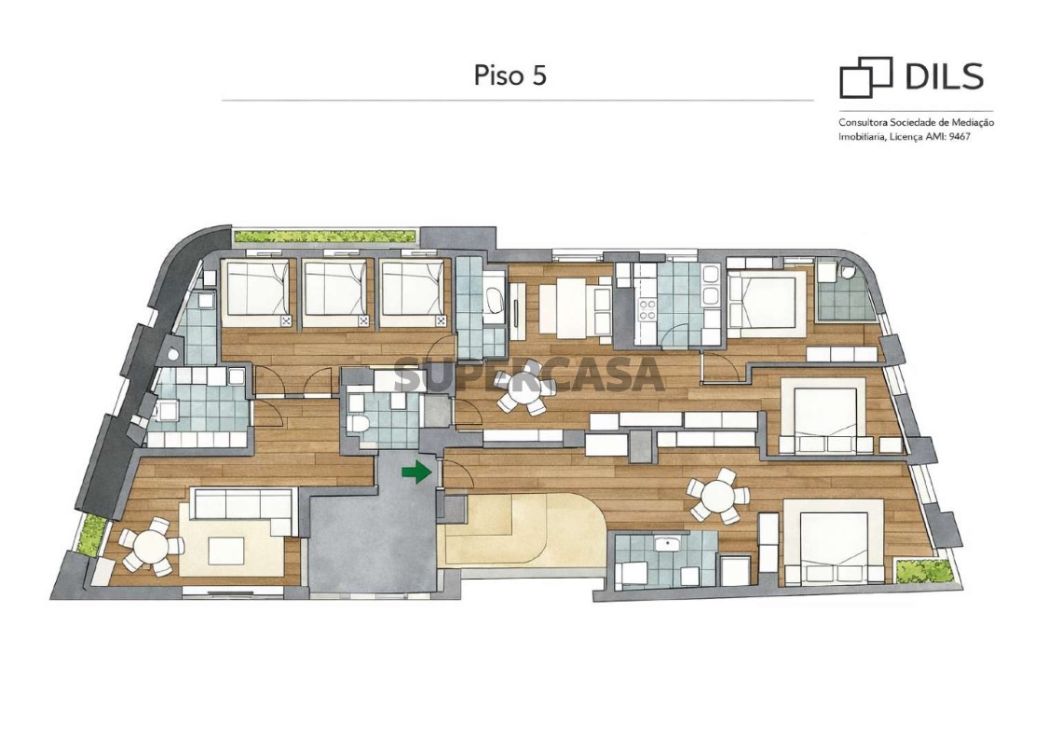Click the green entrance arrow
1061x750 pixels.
[x=416, y=471]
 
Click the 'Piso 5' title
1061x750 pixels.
[x=510, y=75]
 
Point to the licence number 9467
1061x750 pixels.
[x=959, y=136]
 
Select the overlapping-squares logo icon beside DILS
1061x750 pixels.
[x=865, y=77]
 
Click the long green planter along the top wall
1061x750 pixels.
[x=324, y=237]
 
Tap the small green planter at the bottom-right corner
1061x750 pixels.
[x=924, y=571]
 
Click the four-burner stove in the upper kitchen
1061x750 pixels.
[x=647, y=309]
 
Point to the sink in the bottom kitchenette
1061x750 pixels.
[x=669, y=542]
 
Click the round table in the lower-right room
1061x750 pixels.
[x=718, y=497]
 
